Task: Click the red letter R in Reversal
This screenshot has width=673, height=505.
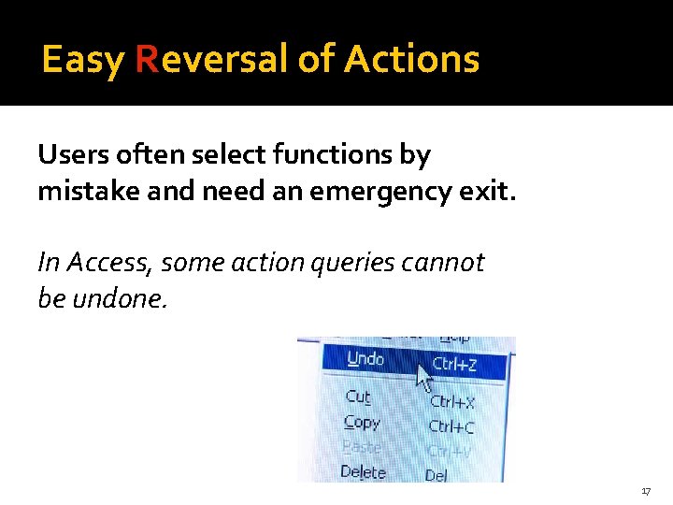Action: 146,60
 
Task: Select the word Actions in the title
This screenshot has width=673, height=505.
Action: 411,60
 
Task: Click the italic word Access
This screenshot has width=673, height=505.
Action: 105,263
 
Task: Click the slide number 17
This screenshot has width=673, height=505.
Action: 646,491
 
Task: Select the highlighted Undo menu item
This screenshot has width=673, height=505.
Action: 365,359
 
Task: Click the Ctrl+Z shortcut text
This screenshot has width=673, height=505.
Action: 454,364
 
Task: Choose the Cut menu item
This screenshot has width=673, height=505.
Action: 358,397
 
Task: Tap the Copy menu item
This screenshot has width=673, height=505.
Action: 362,422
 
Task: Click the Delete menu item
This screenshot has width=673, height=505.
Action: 363,471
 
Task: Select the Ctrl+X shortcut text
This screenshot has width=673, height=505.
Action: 451,402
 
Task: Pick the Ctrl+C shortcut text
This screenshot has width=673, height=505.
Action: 451,426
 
